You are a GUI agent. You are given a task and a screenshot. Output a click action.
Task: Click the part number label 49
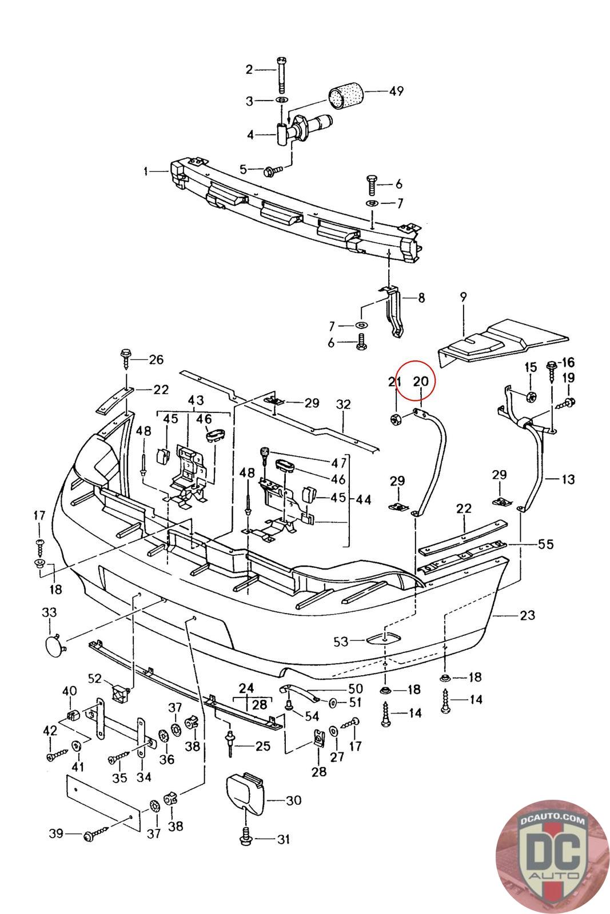[x=396, y=91]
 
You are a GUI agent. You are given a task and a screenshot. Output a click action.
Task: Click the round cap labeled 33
[x=55, y=644]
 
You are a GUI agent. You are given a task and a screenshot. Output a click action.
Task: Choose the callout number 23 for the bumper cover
[x=527, y=615]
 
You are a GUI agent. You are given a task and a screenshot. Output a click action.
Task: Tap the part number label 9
[x=463, y=296]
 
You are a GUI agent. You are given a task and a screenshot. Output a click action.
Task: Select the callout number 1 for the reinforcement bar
[x=146, y=171]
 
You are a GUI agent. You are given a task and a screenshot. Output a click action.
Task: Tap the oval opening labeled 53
[x=385, y=639]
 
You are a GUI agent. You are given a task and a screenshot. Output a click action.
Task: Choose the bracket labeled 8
[x=395, y=312]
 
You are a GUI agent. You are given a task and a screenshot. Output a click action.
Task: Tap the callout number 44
[x=364, y=500]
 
